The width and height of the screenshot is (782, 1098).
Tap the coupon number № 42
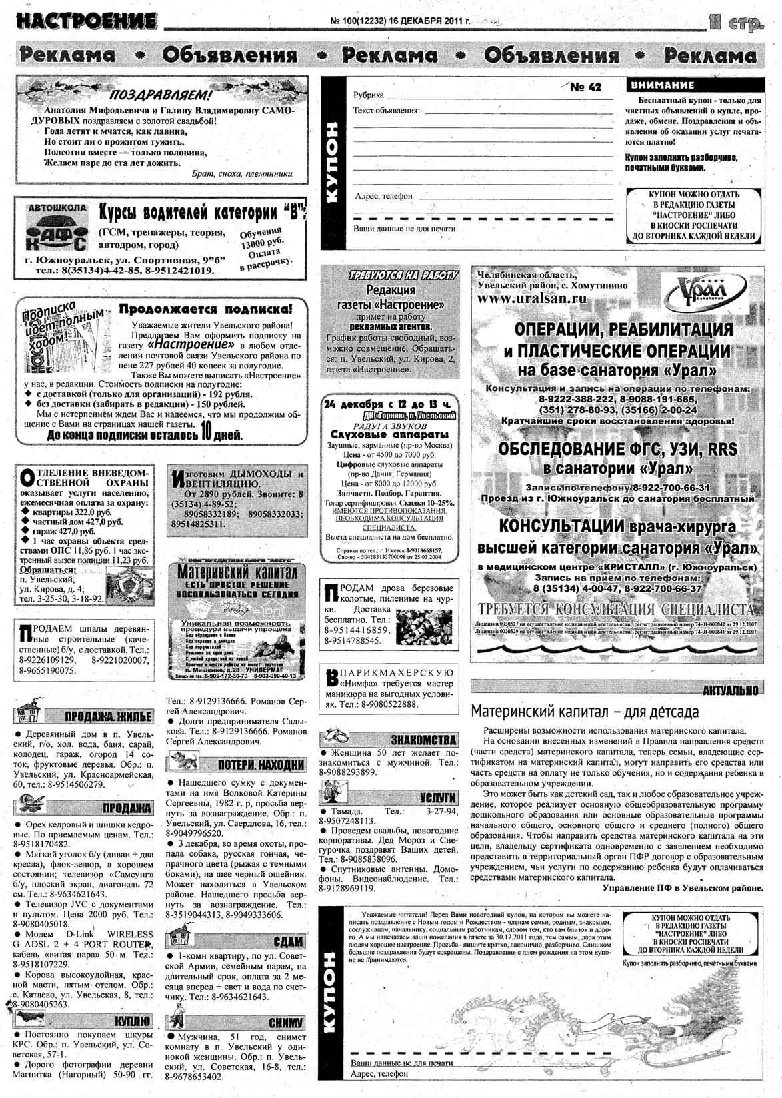coord(586,87)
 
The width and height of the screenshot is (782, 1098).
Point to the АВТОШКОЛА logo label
coord(57,208)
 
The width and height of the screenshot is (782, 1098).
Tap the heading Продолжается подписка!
coord(205,309)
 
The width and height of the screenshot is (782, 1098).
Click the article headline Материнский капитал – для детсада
coord(585,711)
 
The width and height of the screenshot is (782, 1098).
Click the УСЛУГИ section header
coord(437,798)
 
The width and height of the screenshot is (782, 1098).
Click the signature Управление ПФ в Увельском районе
coord(682,887)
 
